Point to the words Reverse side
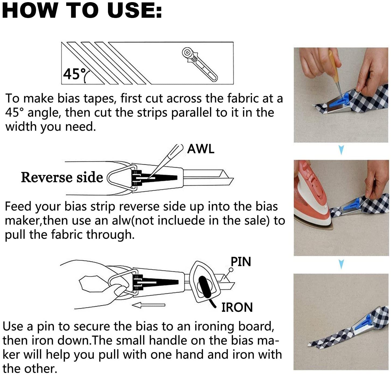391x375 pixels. click(x=62, y=177)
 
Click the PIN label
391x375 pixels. click(x=241, y=262)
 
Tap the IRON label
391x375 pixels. click(x=237, y=307)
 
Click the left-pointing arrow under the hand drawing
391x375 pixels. click(x=148, y=305)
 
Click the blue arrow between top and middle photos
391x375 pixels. click(x=341, y=150)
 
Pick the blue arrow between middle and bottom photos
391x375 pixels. click(x=341, y=264)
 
